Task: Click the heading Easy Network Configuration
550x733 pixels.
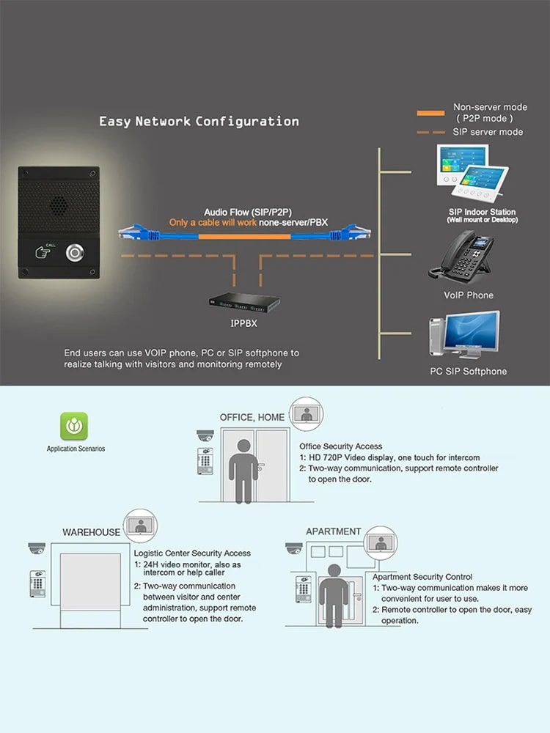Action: [199, 121]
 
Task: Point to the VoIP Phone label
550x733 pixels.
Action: [469, 295]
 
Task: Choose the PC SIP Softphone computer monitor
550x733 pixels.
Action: [473, 334]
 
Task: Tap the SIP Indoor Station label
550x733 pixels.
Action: [483, 212]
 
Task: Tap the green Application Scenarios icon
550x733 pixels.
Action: [74, 426]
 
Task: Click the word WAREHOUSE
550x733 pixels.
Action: [91, 532]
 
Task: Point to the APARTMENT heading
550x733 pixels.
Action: [333, 531]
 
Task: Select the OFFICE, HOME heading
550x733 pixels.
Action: [252, 417]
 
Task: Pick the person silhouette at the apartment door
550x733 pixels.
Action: [334, 594]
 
